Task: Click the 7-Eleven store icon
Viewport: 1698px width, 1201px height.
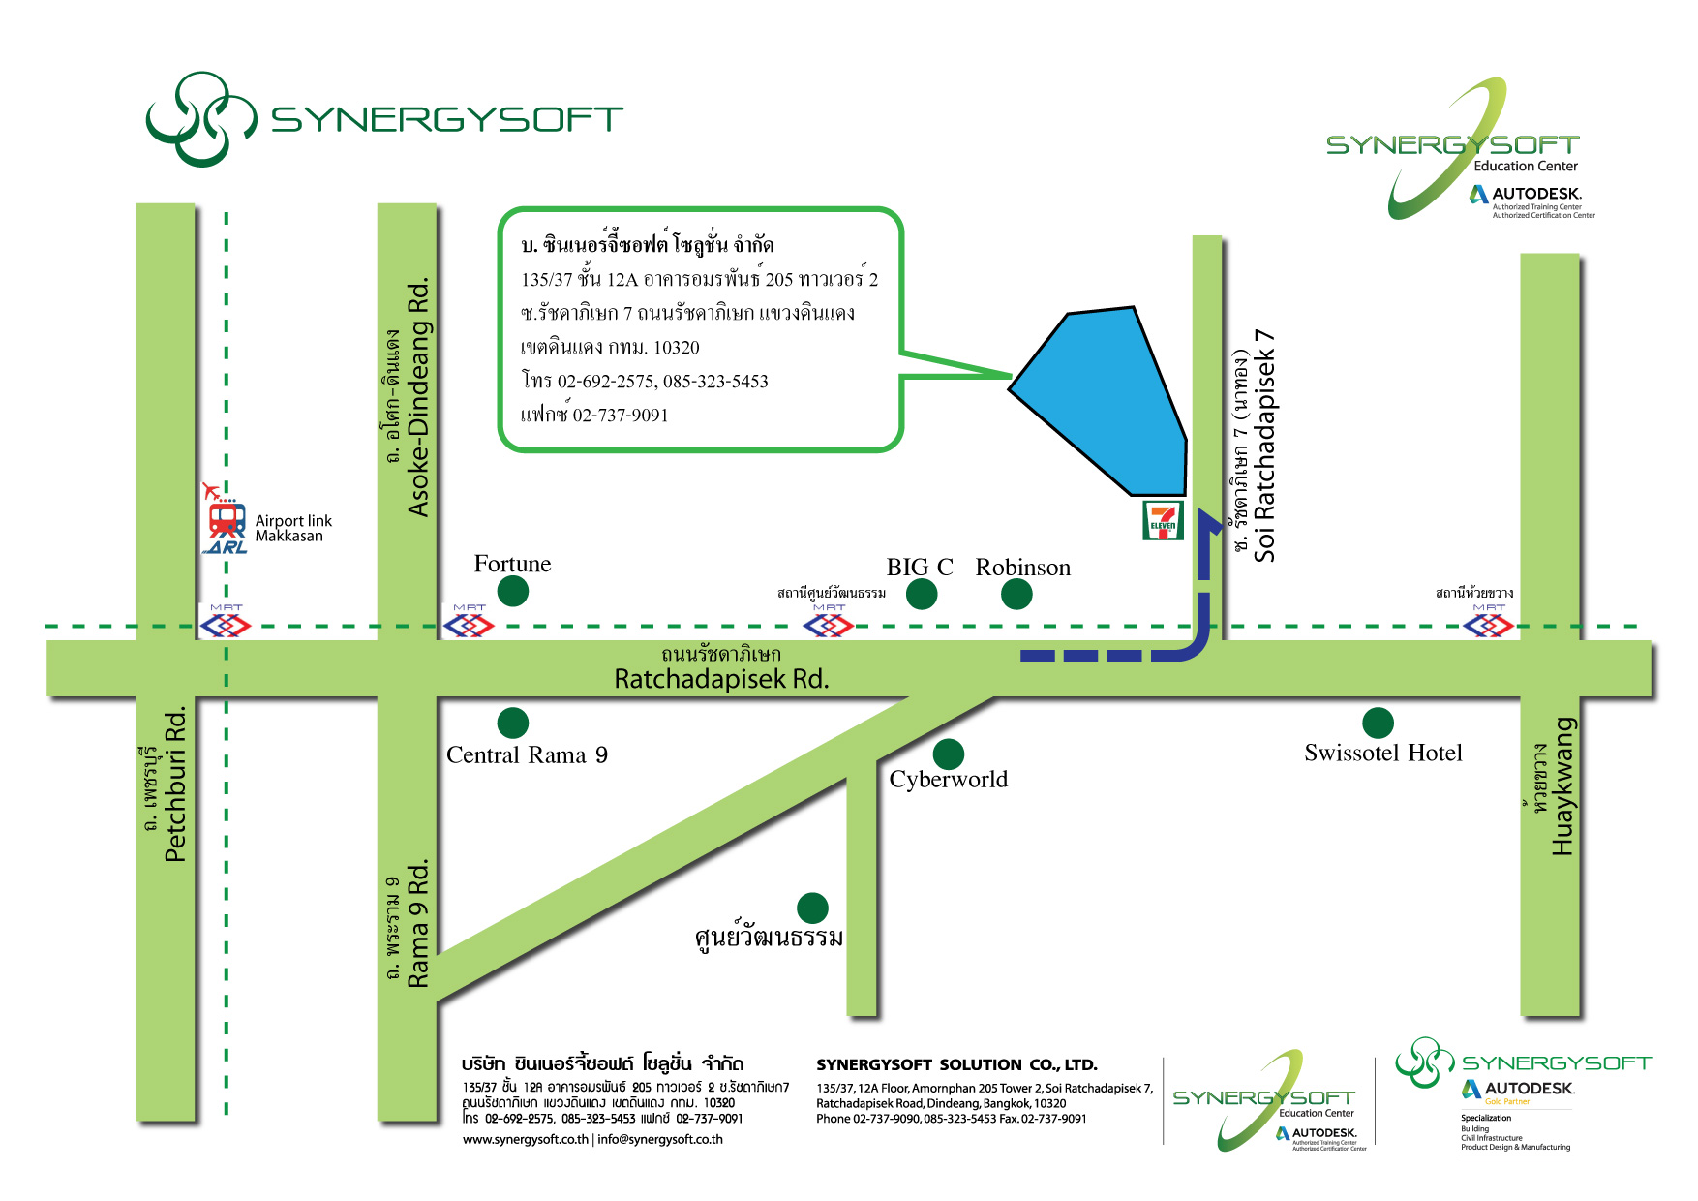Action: (x=1163, y=520)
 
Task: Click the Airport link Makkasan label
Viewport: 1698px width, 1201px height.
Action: (x=292, y=528)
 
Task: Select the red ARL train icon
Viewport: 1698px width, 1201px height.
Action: (x=227, y=521)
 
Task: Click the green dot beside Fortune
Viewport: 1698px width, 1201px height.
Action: (x=512, y=591)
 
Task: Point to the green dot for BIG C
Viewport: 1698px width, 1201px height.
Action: (x=922, y=595)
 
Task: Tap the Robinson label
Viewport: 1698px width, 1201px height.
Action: (x=1022, y=568)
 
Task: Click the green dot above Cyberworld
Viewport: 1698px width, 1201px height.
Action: (x=949, y=754)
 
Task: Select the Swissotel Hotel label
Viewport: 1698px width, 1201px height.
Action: (x=1382, y=753)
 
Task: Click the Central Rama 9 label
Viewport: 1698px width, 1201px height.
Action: (x=527, y=755)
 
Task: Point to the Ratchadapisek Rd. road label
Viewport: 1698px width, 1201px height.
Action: (x=721, y=679)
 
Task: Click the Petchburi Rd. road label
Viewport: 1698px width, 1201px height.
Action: (x=175, y=785)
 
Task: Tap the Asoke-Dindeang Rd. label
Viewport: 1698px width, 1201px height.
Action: (x=417, y=398)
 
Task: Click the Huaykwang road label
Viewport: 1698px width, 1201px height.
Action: (x=1562, y=785)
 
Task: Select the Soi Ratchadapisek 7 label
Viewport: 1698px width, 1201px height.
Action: (x=1264, y=446)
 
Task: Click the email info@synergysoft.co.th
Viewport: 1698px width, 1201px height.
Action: (x=660, y=1139)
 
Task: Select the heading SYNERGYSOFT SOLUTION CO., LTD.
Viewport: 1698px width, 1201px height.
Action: (x=956, y=1064)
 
